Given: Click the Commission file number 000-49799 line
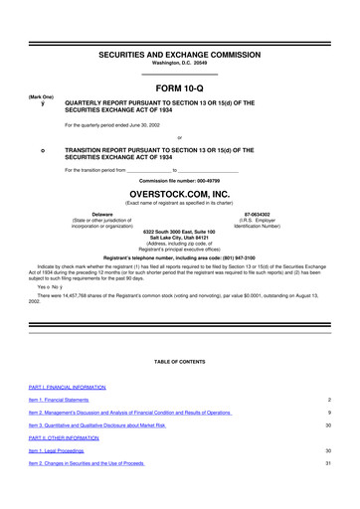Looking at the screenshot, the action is [179, 179].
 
